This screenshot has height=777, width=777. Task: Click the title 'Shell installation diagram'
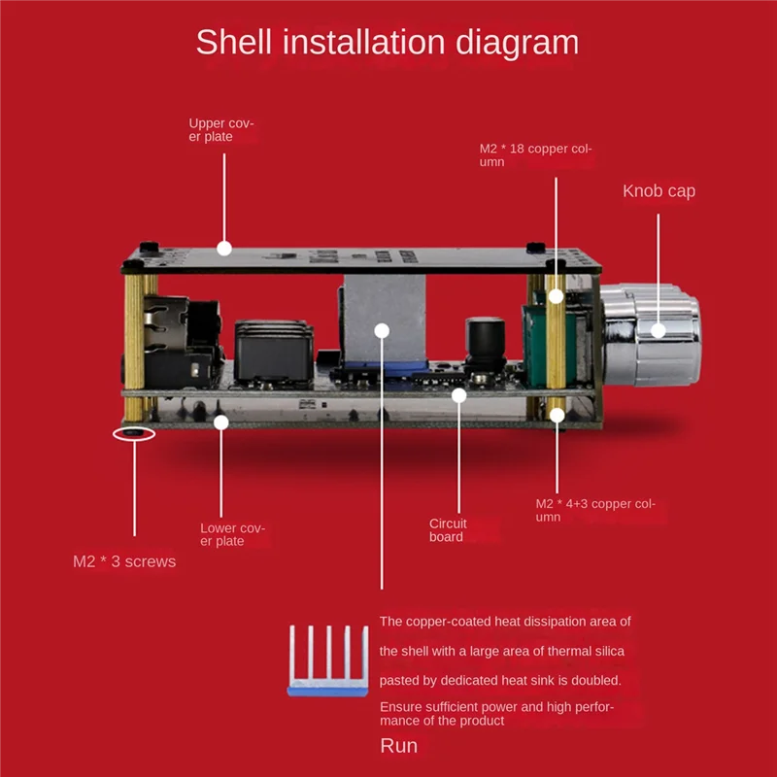387,43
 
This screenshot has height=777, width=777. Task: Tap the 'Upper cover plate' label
220,130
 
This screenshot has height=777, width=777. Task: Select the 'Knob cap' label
659,191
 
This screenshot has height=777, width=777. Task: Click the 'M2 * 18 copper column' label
535,155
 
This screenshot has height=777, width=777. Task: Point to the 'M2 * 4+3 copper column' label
595,510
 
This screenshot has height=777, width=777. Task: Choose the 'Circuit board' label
449,529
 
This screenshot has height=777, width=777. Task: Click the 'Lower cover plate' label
232,534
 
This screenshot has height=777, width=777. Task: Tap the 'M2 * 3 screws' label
124,561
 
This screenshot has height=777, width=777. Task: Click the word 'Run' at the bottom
398,746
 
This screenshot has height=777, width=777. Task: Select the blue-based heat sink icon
326,662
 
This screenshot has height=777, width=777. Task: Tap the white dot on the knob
658,330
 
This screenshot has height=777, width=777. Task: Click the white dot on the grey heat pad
382,331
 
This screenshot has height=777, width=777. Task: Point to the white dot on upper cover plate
223,248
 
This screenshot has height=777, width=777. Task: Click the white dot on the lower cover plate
221,422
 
